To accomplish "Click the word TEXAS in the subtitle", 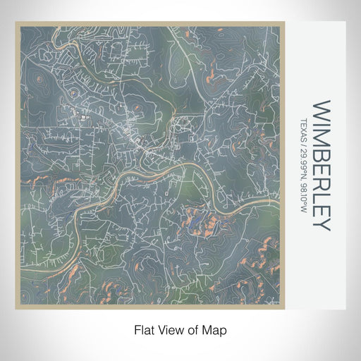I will pos(304,129).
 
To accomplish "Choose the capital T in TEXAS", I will pos(304,119).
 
